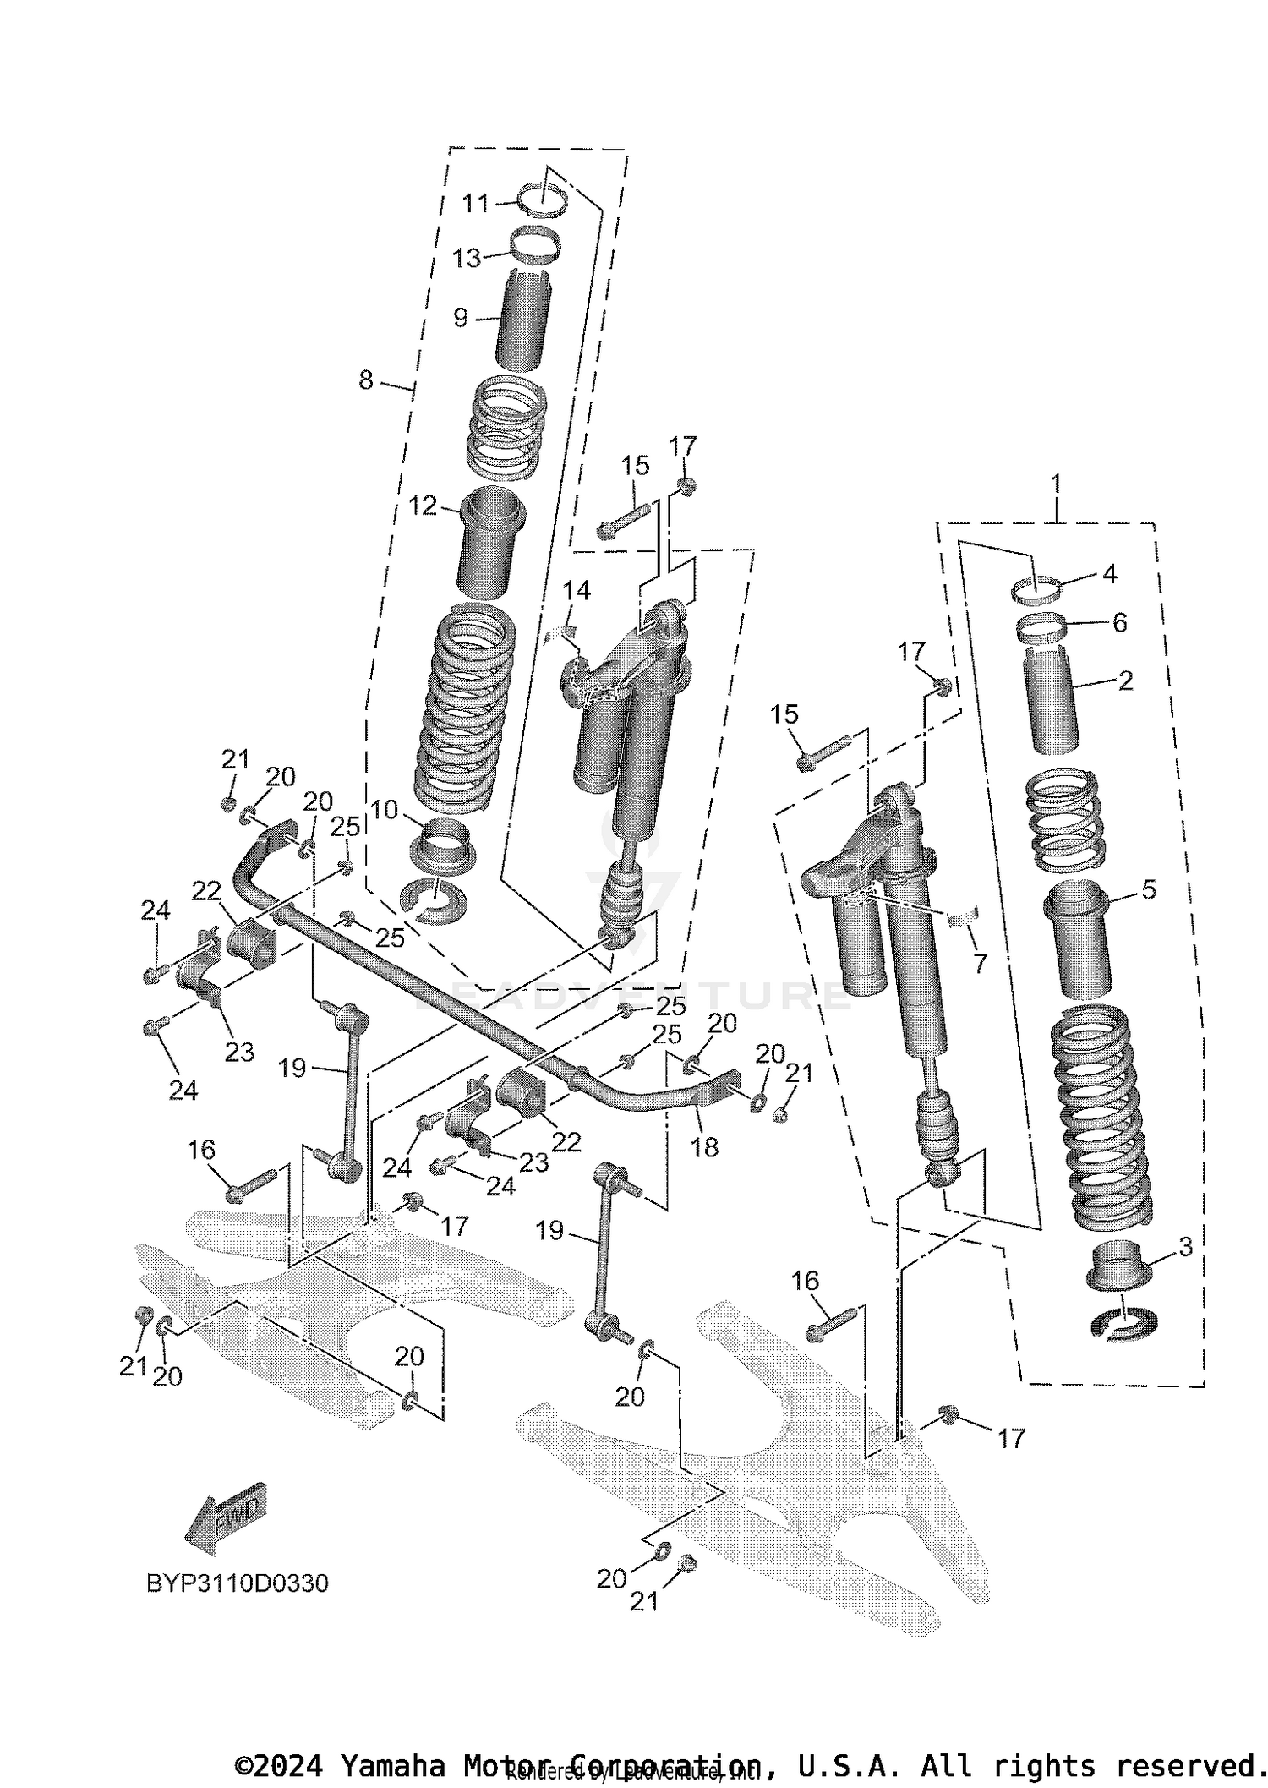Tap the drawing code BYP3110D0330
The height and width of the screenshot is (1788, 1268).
click(238, 1583)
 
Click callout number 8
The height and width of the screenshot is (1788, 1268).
click(366, 380)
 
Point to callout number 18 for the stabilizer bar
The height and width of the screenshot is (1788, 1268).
click(704, 1147)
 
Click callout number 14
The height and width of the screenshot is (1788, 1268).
click(577, 591)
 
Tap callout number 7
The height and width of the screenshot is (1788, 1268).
click(980, 963)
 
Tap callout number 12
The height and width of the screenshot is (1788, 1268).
click(422, 506)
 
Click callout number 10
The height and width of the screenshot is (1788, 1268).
click(384, 810)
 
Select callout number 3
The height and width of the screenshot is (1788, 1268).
click(1185, 1246)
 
